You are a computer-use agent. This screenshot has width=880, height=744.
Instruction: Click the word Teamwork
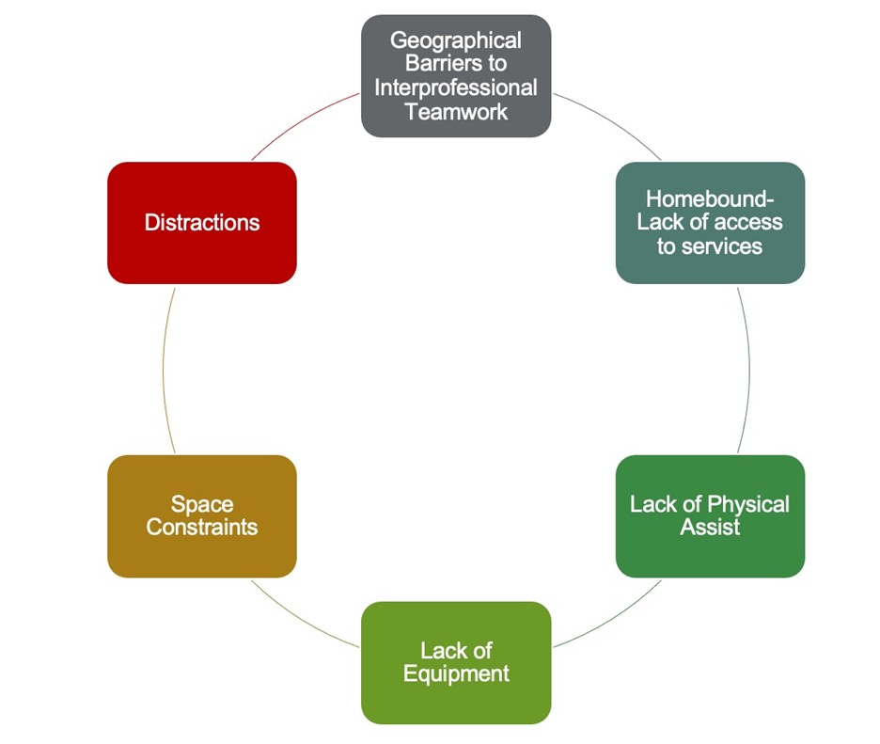pyautogui.click(x=456, y=111)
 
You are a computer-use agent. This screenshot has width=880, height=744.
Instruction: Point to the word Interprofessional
pyautogui.click(x=456, y=87)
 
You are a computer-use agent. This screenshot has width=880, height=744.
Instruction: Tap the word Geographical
pyautogui.click(x=456, y=41)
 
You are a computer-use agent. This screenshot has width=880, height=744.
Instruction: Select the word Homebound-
pyautogui.click(x=710, y=199)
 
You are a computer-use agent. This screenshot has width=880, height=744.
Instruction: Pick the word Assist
pyautogui.click(x=710, y=527)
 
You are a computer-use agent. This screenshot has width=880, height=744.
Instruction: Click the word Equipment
pyautogui.click(x=456, y=673)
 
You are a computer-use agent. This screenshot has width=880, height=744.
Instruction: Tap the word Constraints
pyautogui.click(x=202, y=527)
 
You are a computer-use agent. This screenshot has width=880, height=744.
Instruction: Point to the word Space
pyautogui.click(x=202, y=504)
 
